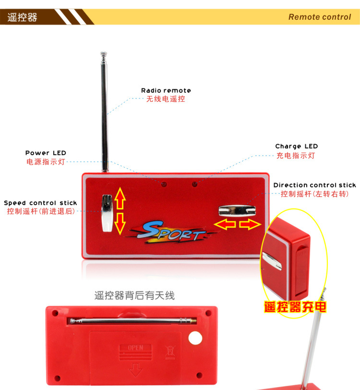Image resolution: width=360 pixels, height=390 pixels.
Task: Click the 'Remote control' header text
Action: tap(320, 17)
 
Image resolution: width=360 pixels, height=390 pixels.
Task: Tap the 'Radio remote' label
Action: tap(166, 90)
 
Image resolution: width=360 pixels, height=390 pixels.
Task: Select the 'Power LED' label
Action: tap(46, 153)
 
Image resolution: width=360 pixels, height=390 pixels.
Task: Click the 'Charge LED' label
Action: tap(296, 146)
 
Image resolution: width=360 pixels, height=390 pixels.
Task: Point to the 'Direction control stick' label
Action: tap(315, 185)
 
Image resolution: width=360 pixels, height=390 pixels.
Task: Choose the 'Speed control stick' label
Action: tap(40, 203)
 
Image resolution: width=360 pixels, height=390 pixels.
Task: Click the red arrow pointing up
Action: tap(120, 198)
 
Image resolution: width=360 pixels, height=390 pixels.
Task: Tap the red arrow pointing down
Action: tap(120, 224)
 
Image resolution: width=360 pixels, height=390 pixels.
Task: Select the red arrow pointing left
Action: tap(225, 224)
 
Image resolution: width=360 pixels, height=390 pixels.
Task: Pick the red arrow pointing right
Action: tap(250, 224)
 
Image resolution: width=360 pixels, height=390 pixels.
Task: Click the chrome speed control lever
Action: tap(108, 213)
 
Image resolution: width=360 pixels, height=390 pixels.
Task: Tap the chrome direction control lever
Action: tap(237, 211)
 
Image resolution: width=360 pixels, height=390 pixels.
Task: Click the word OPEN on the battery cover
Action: tap(135, 347)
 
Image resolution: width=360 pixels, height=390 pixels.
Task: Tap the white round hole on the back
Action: tap(195, 338)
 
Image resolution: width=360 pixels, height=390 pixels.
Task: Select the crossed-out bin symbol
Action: tap(170, 352)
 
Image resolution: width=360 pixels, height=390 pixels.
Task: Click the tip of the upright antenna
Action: tap(104, 53)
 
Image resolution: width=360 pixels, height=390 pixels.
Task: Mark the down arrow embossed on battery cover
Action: tap(135, 370)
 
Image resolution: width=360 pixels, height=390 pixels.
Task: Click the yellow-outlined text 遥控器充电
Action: tap(295, 307)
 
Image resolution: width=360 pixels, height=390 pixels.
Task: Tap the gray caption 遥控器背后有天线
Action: tap(134, 295)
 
